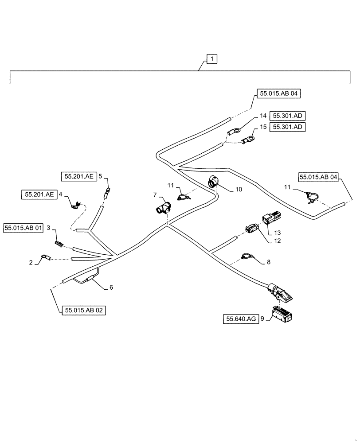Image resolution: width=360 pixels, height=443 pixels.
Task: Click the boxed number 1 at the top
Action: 212,59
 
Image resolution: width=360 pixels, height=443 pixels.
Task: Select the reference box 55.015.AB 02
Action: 84,311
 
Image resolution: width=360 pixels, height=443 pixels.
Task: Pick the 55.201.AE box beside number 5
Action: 78,176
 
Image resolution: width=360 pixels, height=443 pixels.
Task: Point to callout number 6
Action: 110,287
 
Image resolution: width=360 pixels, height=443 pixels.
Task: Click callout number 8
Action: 268,262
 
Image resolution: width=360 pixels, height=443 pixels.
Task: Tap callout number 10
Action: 239,189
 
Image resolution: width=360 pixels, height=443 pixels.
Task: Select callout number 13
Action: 277,232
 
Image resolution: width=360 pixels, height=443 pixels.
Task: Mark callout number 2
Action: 31,262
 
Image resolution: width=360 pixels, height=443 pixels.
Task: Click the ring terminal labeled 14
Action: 234,131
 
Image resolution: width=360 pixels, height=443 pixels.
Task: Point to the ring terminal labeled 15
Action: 249,140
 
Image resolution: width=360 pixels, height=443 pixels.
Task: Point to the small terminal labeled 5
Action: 106,193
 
